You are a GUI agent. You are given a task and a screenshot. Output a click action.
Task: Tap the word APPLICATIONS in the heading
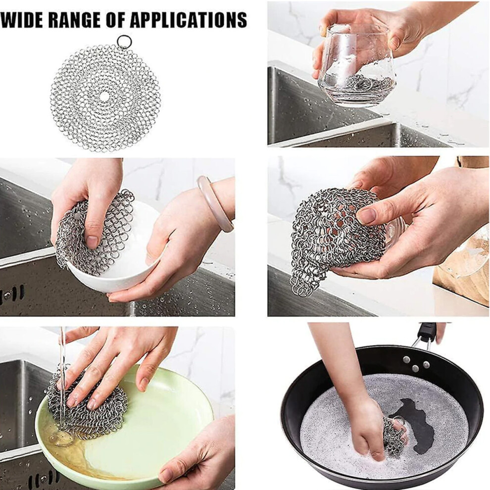pos(188,20)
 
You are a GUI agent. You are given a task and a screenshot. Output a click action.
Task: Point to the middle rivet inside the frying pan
pos(415,368)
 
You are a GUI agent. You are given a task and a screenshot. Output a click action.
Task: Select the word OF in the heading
pos(112,20)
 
